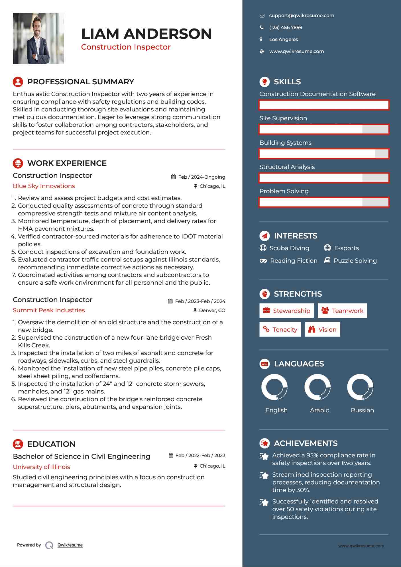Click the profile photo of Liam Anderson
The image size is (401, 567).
38,38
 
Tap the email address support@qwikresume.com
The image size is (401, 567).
302,16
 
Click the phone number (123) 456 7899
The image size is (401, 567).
286,28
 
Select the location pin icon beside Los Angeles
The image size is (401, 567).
261,40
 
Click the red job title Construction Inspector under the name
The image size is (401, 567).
126,47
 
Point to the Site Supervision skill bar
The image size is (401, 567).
324,129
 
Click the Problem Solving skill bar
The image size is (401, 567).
324,202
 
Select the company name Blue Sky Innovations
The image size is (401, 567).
44,186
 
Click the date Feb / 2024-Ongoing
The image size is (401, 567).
201,177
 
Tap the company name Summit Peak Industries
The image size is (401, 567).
49,310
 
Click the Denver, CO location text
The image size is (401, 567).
212,310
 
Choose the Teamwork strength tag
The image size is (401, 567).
342,311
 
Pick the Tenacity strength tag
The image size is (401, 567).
280,329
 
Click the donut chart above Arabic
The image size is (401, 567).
317,387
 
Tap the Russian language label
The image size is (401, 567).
362,410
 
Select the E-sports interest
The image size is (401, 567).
346,248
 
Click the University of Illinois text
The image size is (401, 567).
42,467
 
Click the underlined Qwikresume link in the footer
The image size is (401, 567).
70,545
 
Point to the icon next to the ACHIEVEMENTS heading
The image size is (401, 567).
264,443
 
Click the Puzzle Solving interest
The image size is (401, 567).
355,261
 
